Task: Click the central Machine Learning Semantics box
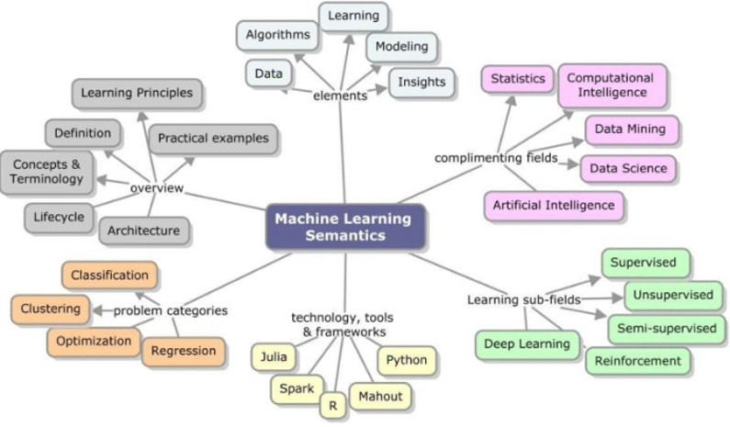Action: click(345, 227)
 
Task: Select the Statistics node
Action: click(517, 79)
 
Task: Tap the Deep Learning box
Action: click(527, 344)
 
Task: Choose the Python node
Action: click(406, 360)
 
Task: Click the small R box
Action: click(333, 405)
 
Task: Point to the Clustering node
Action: click(51, 309)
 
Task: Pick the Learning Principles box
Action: click(137, 93)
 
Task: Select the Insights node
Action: click(421, 83)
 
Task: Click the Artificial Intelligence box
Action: click(554, 206)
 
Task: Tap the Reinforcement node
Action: click(637, 361)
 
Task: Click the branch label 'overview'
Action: click(157, 188)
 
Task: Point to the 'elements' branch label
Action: click(341, 96)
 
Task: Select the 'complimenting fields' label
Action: click(496, 158)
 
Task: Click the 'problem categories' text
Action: click(171, 310)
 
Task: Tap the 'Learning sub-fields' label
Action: click(523, 300)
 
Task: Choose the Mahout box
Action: click(380, 397)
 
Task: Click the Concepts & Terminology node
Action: click(47, 172)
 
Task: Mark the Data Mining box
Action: click(630, 129)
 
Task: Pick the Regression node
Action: click(184, 351)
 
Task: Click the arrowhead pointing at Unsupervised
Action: click(618, 298)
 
